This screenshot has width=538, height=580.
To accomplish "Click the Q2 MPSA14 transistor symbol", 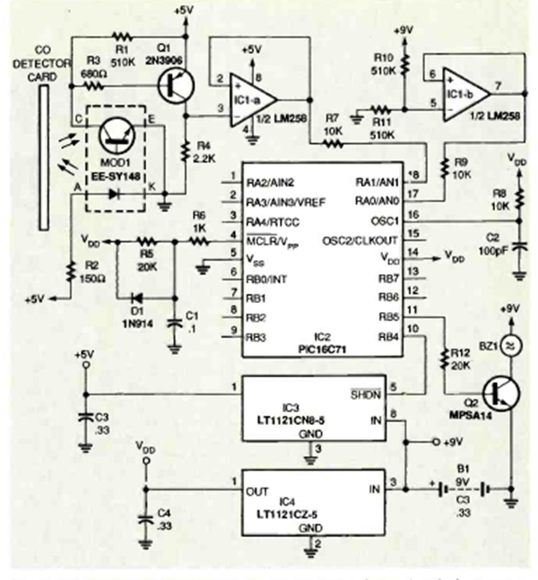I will pos(497,392).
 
